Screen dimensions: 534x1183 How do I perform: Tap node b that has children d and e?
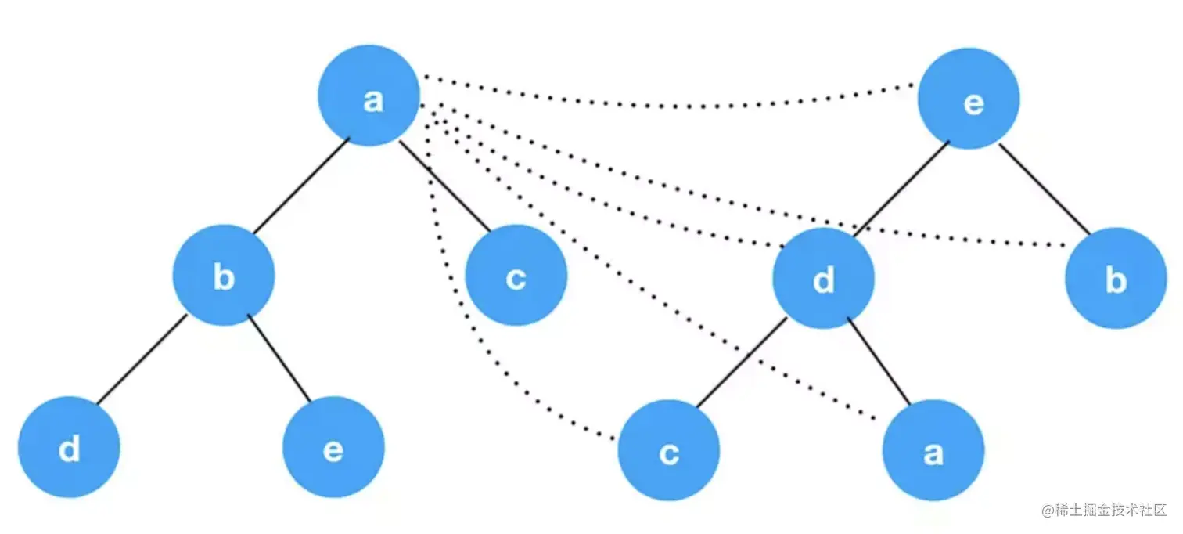224,275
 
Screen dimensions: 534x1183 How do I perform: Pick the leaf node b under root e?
1116,278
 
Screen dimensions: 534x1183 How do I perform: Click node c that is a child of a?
516,275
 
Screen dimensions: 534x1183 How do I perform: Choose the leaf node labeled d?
69,447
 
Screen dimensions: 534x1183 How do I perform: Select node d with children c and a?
823,278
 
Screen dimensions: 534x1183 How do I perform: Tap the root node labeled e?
969,99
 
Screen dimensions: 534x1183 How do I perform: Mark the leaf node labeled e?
333,447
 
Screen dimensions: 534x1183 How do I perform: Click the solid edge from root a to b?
300,185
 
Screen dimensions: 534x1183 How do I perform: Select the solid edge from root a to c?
445,186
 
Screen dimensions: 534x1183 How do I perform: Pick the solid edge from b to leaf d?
142,360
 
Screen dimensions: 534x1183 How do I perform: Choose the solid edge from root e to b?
1044,189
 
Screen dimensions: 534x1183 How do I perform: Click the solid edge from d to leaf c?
742,364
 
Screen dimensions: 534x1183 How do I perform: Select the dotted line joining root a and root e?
673,105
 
